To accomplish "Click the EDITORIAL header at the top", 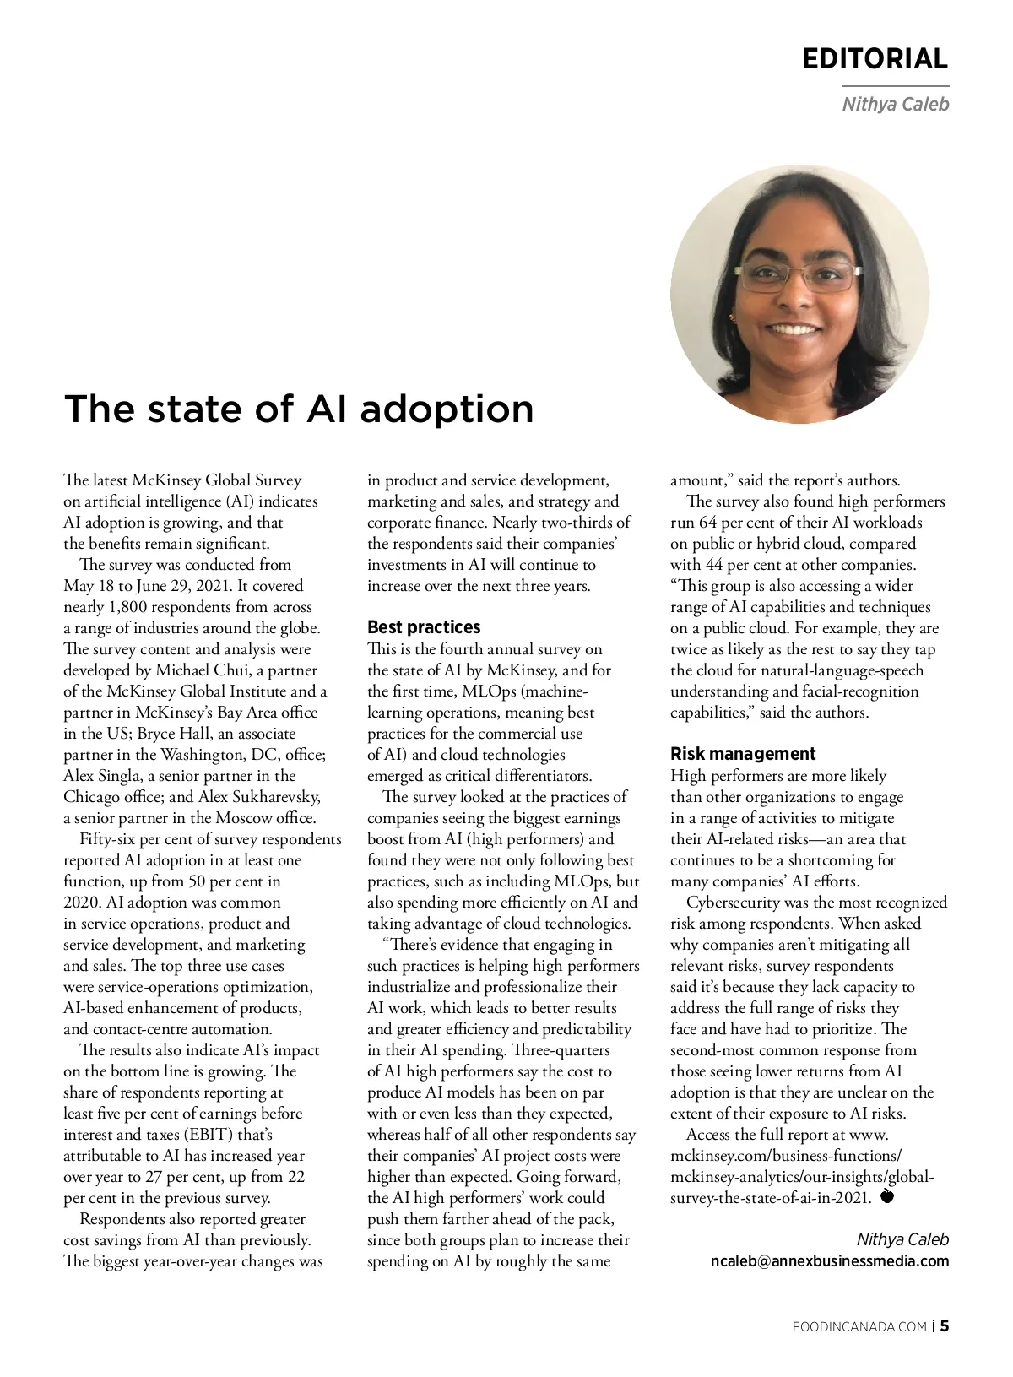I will pos(875,58).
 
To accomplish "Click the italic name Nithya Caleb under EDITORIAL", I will pos(896,105).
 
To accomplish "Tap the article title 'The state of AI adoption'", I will pos(299,409).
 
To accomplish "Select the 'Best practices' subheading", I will pos(424,627).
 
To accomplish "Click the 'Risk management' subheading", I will pos(743,754).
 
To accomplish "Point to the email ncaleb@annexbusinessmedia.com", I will pos(830,1261).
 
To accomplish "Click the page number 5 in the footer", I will pos(945,1326).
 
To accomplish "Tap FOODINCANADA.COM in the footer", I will pos(860,1327).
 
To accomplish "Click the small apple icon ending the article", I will pos(887,1196).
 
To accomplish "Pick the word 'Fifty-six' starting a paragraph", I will pos(109,839).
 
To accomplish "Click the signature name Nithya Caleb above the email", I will pos(902,1239).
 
